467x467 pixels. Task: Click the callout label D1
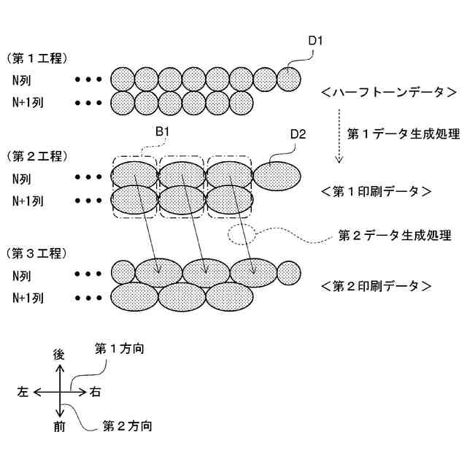coord(315,41)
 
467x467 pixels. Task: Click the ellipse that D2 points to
coord(276,176)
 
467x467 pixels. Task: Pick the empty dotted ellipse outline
coord(242,234)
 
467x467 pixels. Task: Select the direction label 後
coord(59,355)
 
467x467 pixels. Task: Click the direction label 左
coord(23,392)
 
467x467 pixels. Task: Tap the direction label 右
coord(96,392)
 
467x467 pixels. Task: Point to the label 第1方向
coord(119,349)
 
